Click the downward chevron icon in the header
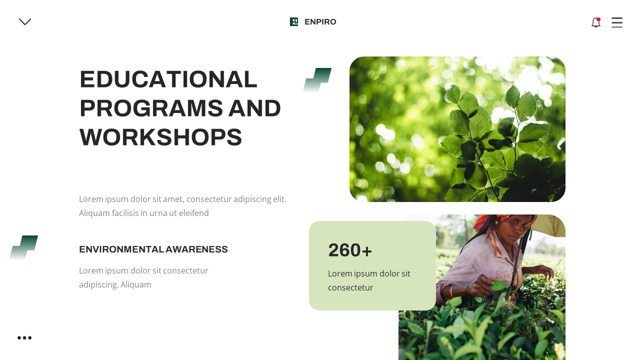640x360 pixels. pos(25,21)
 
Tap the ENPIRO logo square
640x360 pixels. pos(294,21)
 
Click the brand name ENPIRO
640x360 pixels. pos(320,22)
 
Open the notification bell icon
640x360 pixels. pos(595,22)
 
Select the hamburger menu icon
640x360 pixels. pos(617,22)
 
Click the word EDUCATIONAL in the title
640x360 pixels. pos(168,79)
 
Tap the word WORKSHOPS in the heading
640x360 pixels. pos(160,137)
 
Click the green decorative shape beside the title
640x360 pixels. pos(317,80)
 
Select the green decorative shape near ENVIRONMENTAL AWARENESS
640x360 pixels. pos(23,247)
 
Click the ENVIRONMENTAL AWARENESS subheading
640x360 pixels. pos(153,249)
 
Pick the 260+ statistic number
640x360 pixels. pos(350,250)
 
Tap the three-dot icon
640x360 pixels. pos(24,338)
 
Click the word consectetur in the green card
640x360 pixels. pos(350,287)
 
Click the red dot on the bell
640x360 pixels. pos(598,19)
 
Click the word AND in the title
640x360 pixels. pos(254,108)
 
